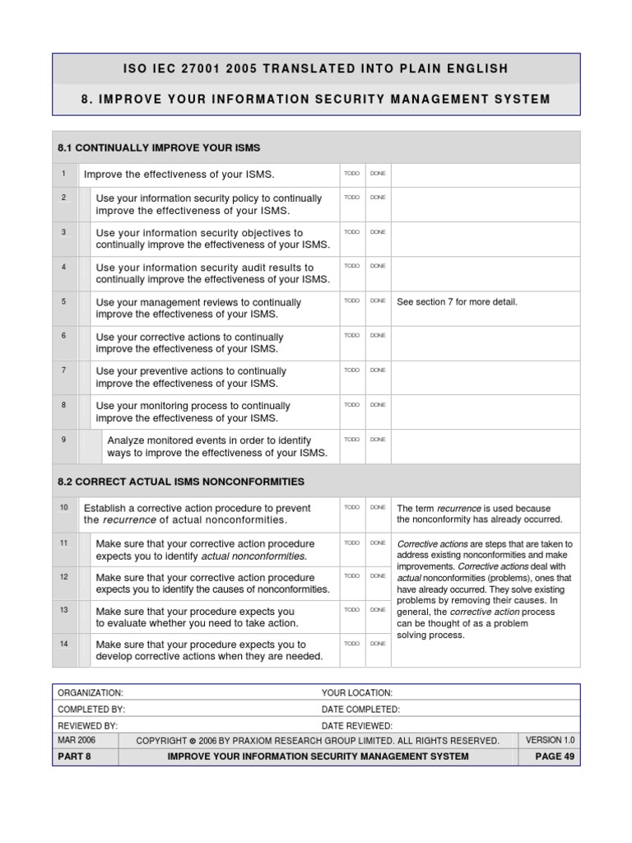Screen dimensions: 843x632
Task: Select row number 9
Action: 63,440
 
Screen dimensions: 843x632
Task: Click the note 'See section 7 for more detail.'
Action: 457,302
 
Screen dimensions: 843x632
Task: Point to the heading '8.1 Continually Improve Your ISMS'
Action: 159,148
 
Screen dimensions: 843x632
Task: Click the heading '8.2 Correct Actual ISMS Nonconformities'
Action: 181,482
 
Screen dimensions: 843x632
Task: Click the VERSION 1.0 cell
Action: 550,740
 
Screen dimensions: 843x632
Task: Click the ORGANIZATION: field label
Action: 91,693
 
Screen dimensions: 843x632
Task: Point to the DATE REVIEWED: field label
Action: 356,725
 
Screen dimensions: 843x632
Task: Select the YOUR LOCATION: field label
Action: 356,693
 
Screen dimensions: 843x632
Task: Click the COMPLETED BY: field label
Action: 91,710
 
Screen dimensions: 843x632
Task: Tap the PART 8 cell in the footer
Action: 74,757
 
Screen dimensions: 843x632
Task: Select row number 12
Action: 63,577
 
